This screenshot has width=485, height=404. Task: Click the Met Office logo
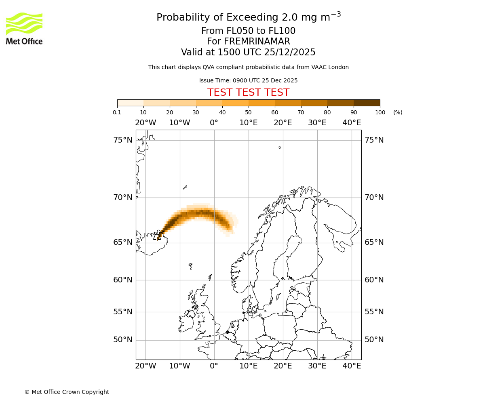(24, 28)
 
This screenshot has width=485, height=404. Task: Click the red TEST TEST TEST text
(248, 93)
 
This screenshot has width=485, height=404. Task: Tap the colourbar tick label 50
(249, 112)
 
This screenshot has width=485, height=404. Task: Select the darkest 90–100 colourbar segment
(367, 103)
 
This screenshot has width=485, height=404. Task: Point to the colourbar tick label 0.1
(117, 112)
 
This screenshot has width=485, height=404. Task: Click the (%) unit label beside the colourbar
(398, 112)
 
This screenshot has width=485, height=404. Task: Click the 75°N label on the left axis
(123, 140)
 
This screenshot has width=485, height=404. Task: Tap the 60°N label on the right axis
(374, 280)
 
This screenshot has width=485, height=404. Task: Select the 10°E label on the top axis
(249, 123)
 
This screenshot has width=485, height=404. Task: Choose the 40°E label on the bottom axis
(352, 366)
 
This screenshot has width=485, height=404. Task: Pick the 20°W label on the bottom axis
(145, 366)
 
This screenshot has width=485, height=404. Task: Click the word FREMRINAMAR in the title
(257, 42)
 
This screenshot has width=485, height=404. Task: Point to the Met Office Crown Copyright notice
(67, 392)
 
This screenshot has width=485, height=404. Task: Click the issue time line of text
(248, 80)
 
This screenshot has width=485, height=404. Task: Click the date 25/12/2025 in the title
(290, 52)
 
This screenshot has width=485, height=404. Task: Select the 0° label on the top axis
(214, 123)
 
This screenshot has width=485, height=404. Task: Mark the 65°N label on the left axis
(123, 242)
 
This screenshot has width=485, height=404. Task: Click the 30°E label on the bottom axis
(317, 366)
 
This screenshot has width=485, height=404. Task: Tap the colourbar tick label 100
(380, 112)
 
